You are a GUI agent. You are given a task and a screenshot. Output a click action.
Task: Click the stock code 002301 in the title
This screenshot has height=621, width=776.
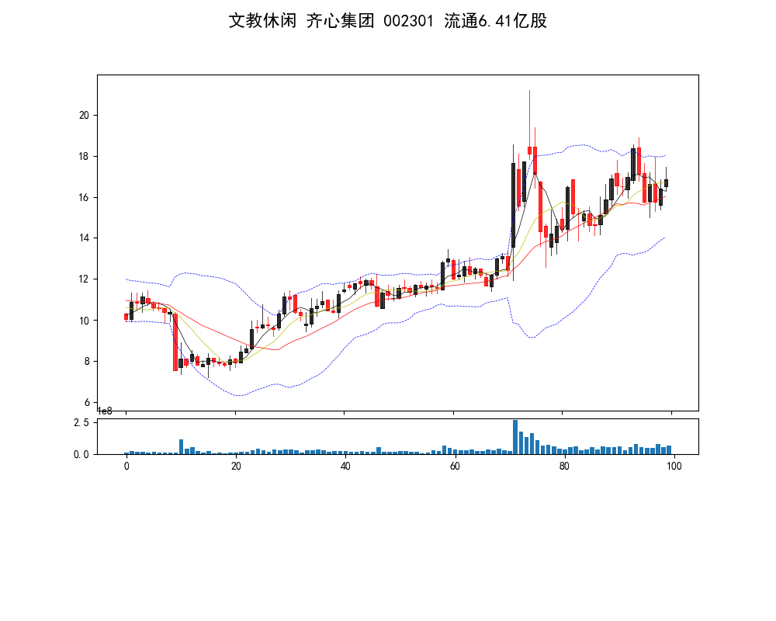[x=408, y=21]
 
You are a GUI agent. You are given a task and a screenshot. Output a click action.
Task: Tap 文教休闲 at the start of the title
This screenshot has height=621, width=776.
[x=262, y=21]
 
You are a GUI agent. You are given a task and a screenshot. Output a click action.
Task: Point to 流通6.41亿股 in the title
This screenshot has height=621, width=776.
[x=495, y=21]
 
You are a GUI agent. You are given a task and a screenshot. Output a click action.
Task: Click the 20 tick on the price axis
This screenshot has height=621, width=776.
[x=85, y=115]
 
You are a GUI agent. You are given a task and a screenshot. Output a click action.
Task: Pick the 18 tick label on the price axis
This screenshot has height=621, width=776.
[x=85, y=156]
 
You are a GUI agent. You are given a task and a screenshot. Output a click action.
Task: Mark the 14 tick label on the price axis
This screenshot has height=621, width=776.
[x=85, y=238]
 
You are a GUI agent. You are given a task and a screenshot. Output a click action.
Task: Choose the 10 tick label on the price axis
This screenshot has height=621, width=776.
[x=85, y=321]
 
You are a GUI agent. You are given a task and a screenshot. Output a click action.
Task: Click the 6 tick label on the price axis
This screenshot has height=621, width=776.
[x=87, y=402]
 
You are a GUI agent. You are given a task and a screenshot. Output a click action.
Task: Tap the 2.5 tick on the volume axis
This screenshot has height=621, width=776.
[x=81, y=422]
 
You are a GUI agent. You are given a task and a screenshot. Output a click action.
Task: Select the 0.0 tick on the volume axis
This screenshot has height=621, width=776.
[x=81, y=454]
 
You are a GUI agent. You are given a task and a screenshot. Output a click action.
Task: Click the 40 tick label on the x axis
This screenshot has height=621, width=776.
[x=345, y=467]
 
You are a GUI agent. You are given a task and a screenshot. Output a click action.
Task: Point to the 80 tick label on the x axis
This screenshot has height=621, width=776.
[x=564, y=467]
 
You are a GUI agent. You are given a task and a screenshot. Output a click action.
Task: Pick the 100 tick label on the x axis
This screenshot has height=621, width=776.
[x=674, y=467]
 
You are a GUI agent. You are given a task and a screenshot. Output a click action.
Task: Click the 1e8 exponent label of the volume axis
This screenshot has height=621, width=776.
[x=105, y=411]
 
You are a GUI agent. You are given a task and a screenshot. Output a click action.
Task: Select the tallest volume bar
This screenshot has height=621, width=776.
[x=514, y=437]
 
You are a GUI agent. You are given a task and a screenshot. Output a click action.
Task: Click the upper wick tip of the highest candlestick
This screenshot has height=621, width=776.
[x=530, y=91]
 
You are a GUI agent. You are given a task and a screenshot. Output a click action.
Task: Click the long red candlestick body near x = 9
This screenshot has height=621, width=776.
[x=175, y=342]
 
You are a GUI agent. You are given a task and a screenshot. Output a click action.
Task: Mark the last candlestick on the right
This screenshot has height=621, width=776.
[x=666, y=183]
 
